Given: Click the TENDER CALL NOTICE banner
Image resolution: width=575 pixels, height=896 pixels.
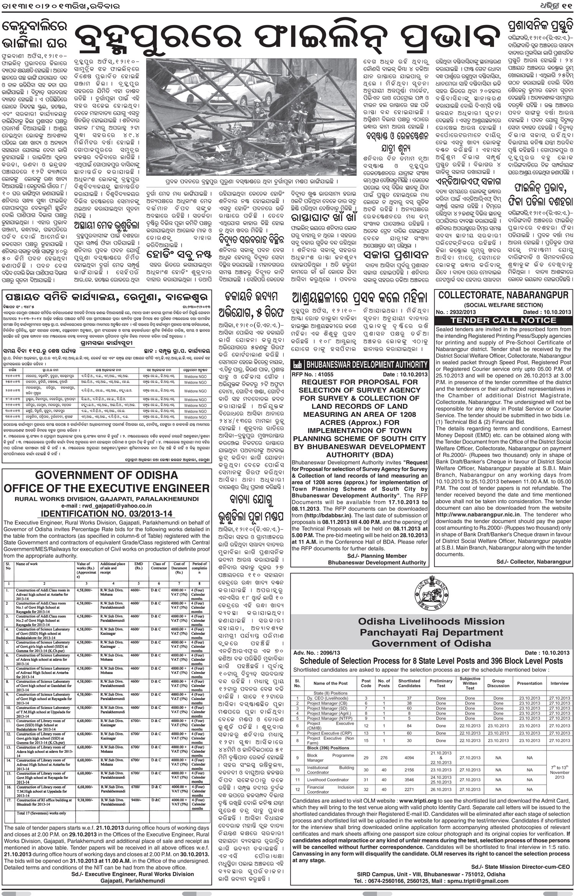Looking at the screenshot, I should click(503, 320).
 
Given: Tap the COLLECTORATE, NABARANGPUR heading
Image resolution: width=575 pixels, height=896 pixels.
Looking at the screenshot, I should click(503, 296).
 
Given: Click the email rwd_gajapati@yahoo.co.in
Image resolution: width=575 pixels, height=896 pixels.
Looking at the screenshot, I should click(107, 506).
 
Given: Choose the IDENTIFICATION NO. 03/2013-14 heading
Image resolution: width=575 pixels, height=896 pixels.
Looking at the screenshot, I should click(107, 514).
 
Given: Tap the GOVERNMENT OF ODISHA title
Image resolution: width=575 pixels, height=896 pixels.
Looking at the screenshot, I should click(107, 475).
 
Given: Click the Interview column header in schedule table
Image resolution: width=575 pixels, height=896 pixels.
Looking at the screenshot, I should click(559, 684).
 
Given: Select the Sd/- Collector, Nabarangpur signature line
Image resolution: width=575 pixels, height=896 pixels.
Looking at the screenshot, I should click(534, 562).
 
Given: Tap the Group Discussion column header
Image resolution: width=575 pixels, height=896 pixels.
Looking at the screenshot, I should click(498, 684).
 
